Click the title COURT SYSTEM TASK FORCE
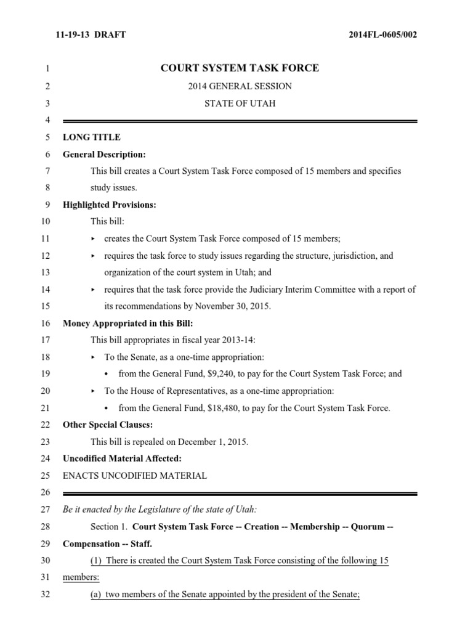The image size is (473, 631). tap(240, 68)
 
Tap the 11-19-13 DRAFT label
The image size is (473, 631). tap(91, 35)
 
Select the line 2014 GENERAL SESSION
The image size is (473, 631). tap(240, 86)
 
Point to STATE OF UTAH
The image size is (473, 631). tap(240, 104)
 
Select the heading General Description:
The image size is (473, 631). tap(104, 155)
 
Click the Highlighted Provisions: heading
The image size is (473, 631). tap(110, 205)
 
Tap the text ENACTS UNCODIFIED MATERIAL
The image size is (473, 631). tap(135, 476)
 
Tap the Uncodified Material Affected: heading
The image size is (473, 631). tap(123, 458)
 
